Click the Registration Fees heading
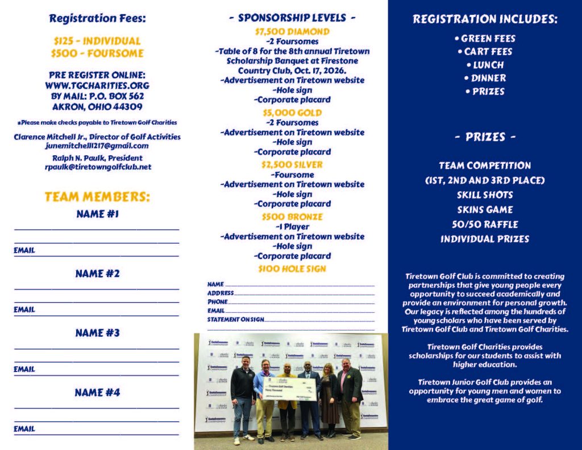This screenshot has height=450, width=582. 97,18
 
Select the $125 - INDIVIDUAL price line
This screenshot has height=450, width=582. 97,41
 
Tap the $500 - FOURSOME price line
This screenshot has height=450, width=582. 97,53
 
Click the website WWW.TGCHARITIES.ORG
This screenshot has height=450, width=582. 97,85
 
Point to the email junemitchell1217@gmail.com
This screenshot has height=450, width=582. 97,146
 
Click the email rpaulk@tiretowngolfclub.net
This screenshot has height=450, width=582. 97,167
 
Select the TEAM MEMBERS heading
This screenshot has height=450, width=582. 97,197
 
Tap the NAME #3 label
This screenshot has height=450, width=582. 97,333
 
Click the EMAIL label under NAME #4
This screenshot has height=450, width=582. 24,428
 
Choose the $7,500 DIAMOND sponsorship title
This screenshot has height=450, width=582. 292,31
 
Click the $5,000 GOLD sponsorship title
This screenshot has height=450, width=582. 292,113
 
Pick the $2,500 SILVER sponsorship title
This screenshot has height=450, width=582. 292,164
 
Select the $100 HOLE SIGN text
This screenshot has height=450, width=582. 292,269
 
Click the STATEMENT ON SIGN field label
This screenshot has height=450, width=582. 235,319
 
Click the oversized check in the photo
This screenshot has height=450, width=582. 286,389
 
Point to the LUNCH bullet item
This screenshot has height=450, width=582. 484,65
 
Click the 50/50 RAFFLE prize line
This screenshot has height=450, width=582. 485,224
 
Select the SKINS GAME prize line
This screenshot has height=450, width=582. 485,209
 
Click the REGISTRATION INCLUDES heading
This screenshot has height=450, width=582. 485,19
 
